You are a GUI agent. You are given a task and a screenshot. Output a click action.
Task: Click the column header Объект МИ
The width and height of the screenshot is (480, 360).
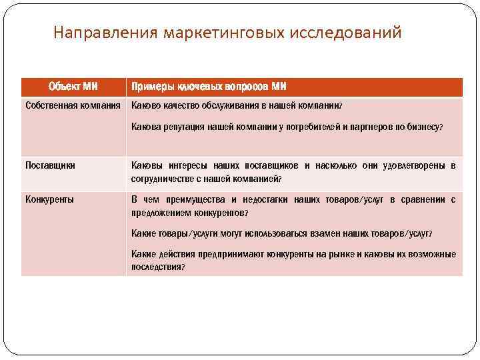[73, 87]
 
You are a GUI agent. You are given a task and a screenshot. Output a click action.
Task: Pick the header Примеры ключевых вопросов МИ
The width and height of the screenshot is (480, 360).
[209, 87]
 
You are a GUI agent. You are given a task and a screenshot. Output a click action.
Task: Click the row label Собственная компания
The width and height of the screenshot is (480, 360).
[73, 105]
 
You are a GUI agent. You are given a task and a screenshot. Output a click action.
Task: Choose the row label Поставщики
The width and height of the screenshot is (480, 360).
[50, 165]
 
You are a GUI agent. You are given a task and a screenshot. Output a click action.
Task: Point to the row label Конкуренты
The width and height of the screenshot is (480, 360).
[49, 199]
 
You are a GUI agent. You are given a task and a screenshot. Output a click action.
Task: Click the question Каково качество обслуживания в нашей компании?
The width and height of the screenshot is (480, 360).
[237, 105]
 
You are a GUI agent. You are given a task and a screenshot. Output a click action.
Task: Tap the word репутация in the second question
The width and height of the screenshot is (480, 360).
[181, 127]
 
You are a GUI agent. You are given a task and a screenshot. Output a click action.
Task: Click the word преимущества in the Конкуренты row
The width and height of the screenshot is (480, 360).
[187, 199]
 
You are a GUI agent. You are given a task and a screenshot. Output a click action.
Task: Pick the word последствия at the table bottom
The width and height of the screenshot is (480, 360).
[156, 267]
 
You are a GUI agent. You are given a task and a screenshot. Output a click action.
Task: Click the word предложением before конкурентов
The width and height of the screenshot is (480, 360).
[160, 213]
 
